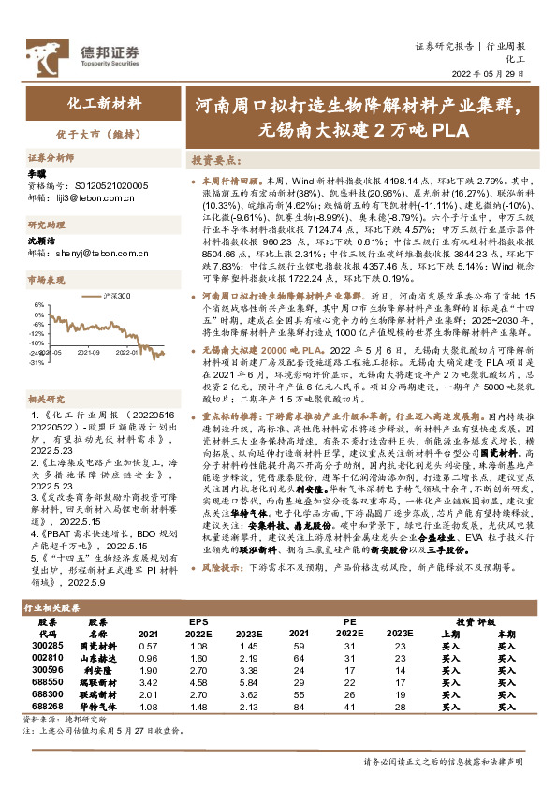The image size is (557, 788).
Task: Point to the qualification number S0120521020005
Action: coord(103,186)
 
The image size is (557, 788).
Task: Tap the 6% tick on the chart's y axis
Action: coord(38,304)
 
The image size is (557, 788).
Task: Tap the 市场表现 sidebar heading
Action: coord(44,280)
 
